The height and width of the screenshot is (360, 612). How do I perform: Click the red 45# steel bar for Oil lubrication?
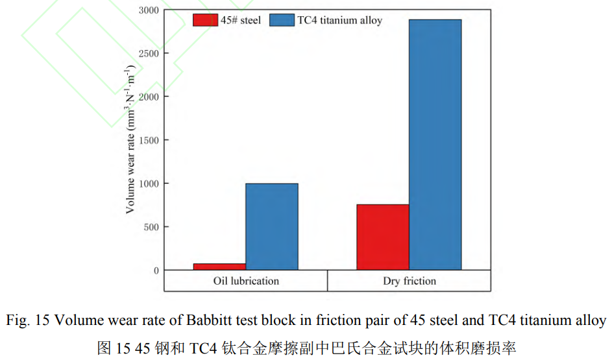coord(219,267)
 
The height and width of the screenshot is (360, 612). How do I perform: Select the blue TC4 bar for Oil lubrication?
coord(271,226)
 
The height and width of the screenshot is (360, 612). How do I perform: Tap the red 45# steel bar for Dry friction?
coord(383,237)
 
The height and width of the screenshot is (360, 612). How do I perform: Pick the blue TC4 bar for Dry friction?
coord(435,145)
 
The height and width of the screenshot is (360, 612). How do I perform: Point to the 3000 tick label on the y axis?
coord(147,10)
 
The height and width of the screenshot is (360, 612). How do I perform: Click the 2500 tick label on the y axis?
coord(147,53)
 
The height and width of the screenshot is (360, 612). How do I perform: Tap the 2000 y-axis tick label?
coord(147,97)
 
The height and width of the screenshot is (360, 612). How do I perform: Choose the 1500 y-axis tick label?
coord(147,140)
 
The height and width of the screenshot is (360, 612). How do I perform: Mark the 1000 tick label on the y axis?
coord(147,184)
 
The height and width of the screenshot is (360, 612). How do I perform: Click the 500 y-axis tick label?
coord(151,227)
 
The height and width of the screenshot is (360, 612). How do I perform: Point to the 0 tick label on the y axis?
coord(156,270)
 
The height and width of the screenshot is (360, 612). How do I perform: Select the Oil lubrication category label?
coord(246,281)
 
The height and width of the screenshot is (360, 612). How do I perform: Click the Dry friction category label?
coord(409,281)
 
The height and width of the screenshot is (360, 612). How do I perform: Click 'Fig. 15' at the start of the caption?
coord(25,320)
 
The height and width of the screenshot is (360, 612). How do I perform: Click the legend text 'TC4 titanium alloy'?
coord(340,20)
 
